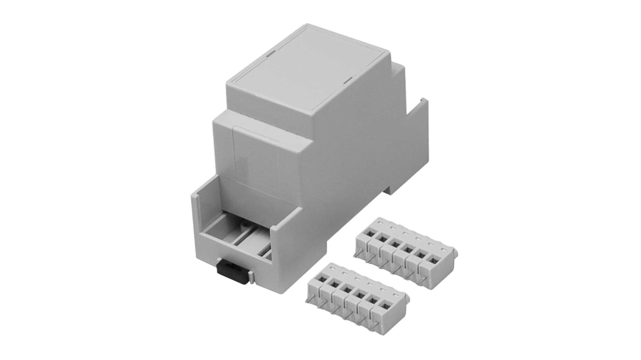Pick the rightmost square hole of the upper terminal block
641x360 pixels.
(432, 259)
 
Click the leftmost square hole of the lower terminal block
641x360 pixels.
(321, 278)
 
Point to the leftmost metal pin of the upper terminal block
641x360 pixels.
(358, 255)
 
